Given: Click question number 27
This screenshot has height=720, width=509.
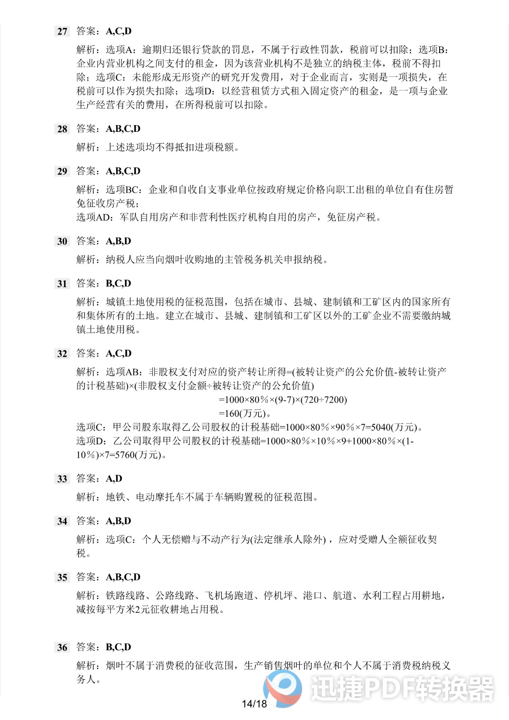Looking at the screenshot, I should (62, 31).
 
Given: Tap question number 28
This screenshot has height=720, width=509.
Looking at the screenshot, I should (62, 129).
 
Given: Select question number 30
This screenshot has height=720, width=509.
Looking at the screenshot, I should (62, 242).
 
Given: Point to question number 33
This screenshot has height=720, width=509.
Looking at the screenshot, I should (62, 479).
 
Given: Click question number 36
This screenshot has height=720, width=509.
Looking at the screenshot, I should (62, 648).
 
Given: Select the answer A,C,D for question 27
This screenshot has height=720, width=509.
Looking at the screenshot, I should (118, 31).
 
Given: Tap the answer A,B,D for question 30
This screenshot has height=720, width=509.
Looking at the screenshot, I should (118, 241).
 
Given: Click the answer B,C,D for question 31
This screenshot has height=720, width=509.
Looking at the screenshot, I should (118, 283).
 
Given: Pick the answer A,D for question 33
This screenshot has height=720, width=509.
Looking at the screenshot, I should (114, 479).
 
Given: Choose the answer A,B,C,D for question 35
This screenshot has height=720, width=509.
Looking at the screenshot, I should (123, 577).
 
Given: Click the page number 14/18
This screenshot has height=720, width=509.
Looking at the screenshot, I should (254, 704).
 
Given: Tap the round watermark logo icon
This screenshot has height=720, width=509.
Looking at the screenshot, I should (283, 688).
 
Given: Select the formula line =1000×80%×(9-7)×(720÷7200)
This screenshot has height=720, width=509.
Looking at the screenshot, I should (283, 400).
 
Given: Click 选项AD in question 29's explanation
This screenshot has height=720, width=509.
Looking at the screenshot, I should (94, 217).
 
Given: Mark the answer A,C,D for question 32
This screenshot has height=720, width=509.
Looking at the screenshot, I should (118, 354).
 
